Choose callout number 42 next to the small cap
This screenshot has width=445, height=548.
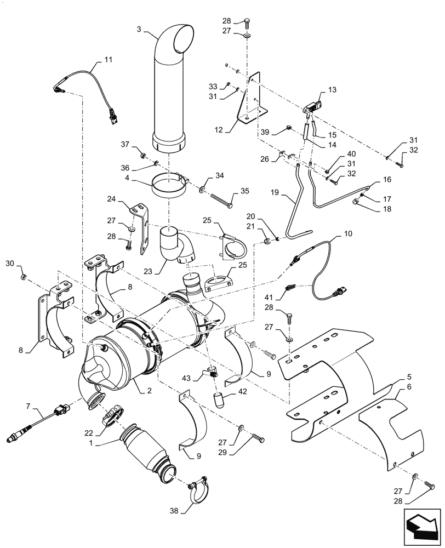click(242, 392)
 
